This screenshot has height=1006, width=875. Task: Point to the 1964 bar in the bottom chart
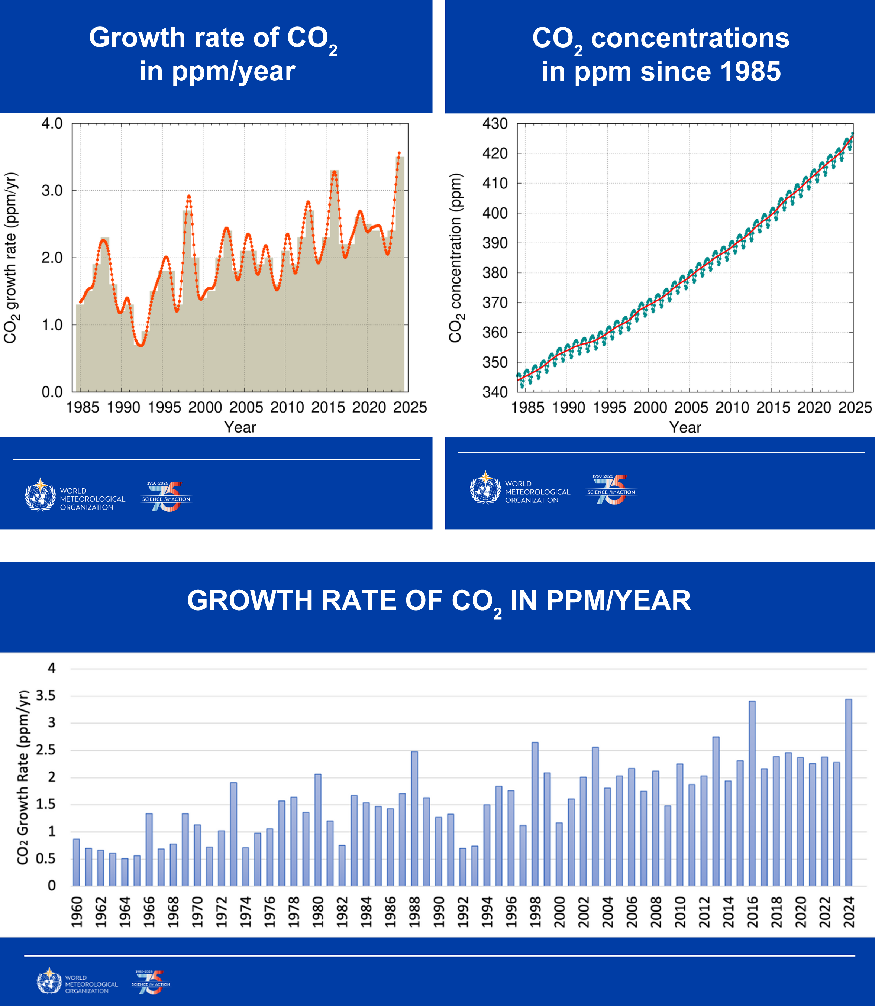[x=125, y=872]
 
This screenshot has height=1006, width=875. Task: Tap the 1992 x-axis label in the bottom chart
[x=462, y=912]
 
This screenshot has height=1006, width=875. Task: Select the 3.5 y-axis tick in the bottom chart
[x=45, y=696]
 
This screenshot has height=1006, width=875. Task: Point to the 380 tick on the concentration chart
[x=495, y=273]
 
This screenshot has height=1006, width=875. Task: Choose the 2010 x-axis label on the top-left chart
[x=287, y=407]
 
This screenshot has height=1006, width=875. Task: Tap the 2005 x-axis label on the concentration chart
[x=691, y=407]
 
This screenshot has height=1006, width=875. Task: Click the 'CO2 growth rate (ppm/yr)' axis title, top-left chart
[x=11, y=258]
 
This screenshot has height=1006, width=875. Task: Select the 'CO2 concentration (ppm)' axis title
[x=456, y=258]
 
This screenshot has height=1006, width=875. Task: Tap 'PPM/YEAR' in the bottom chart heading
[x=618, y=601]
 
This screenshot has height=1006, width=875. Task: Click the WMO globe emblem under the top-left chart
[x=40, y=495]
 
